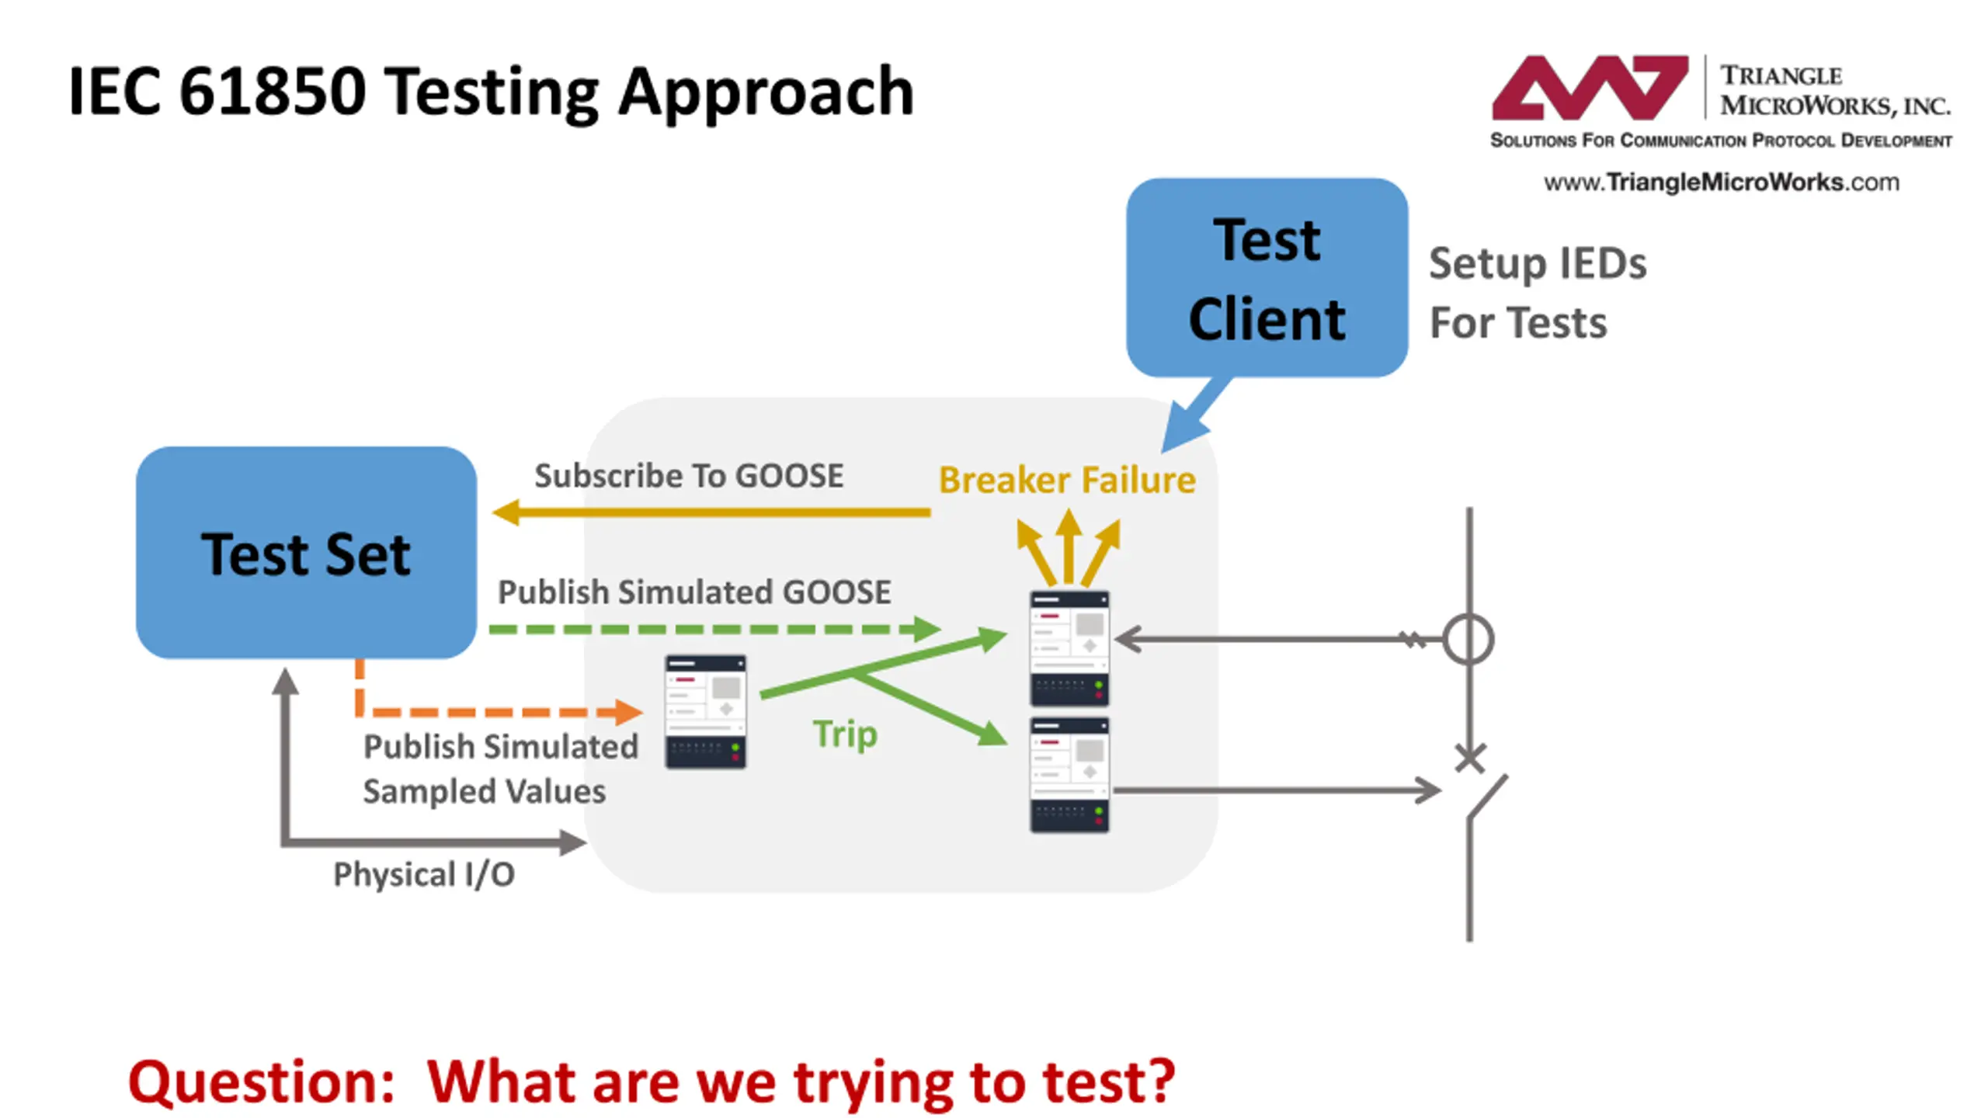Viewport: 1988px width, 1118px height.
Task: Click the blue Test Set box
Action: click(306, 553)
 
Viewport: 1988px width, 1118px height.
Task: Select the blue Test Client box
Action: click(1267, 278)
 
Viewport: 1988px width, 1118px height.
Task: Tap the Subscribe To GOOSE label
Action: click(689, 476)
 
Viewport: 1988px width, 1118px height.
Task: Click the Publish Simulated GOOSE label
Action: click(694, 592)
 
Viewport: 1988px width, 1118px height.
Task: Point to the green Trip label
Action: click(846, 734)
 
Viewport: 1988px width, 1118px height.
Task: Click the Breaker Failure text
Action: click(1067, 480)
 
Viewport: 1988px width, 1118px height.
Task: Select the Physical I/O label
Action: click(424, 875)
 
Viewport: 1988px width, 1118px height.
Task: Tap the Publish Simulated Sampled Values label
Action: click(501, 769)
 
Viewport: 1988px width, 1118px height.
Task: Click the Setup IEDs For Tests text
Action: click(1538, 293)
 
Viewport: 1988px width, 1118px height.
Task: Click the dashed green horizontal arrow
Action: click(715, 629)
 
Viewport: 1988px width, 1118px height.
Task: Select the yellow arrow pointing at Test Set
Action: click(711, 512)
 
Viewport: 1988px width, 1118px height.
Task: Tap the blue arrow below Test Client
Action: click(1196, 415)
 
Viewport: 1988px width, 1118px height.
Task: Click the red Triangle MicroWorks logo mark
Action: click(1590, 87)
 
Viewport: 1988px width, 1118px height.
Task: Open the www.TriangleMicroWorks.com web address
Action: click(1721, 182)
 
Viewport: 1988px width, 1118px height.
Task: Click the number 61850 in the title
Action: click(272, 92)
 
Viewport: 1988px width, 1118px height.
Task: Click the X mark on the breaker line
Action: click(1470, 759)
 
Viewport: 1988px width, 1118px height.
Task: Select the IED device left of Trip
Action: click(705, 712)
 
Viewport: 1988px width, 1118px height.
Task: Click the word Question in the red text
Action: click(262, 1082)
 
